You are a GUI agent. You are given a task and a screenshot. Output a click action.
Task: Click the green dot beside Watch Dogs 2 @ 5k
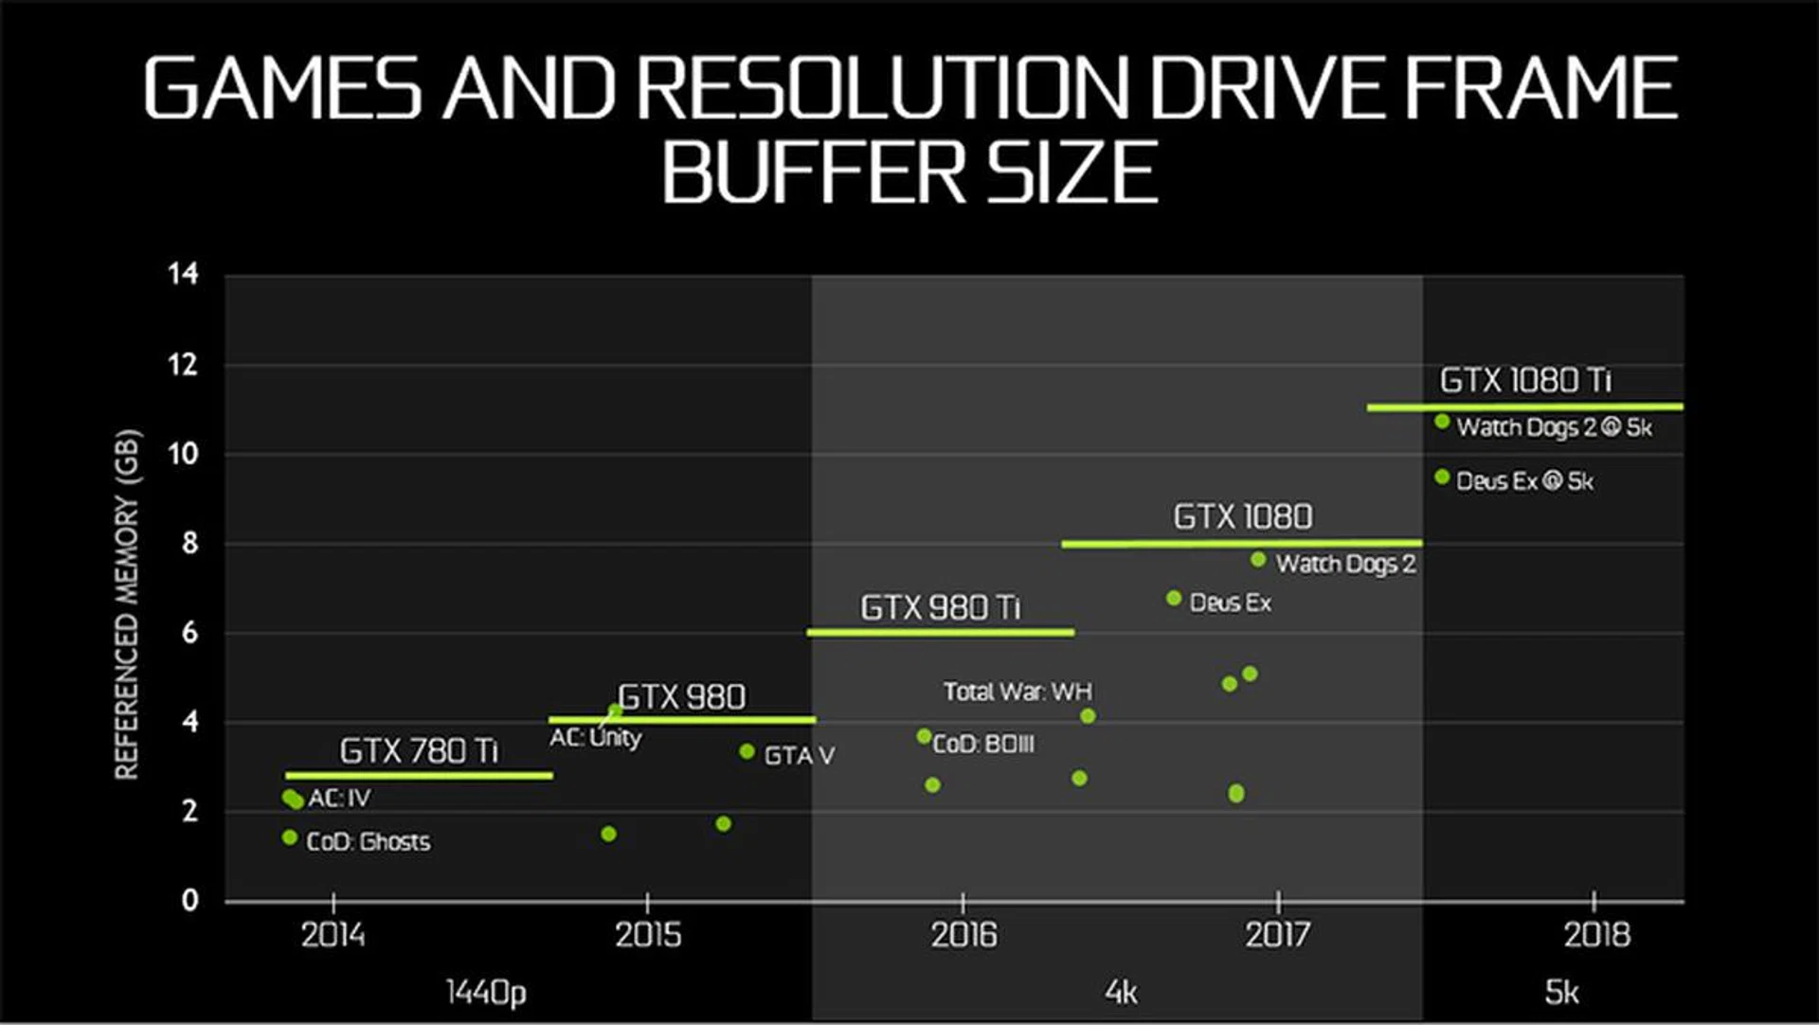tap(1442, 422)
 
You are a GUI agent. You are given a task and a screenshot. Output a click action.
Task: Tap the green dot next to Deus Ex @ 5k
tap(1442, 477)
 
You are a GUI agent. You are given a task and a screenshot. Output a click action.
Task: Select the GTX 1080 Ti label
tap(1524, 381)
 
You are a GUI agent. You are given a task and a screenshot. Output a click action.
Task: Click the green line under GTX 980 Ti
tap(940, 632)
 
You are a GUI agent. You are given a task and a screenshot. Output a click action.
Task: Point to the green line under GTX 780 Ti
tap(419, 776)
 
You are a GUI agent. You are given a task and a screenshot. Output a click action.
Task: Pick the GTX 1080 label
tap(1242, 517)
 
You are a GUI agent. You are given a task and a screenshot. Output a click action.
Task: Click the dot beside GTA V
tap(747, 751)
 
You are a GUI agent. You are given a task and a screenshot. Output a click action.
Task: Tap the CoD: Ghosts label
tap(368, 841)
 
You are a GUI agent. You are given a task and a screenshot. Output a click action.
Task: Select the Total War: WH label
tap(1018, 692)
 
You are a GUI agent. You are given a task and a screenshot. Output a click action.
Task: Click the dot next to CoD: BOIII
tap(924, 736)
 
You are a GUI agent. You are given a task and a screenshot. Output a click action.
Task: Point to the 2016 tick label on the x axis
tap(964, 935)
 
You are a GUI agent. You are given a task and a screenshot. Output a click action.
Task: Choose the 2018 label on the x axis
tap(1596, 935)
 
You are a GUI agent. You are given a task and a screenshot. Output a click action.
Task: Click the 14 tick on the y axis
tap(183, 274)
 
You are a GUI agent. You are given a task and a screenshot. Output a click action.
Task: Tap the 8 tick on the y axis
tap(189, 543)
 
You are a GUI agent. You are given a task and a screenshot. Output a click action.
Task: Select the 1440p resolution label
tap(485, 992)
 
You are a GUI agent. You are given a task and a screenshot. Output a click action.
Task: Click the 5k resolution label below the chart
tap(1561, 992)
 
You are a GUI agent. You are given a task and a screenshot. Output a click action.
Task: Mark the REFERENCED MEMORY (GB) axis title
tap(127, 604)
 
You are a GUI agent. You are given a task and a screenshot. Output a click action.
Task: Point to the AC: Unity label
tap(595, 737)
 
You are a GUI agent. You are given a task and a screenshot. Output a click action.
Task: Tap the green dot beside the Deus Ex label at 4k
tap(1174, 598)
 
